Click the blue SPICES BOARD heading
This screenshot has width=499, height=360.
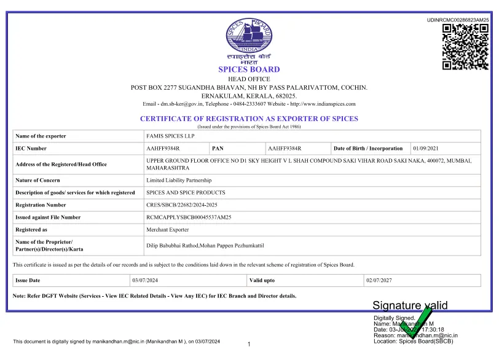click(249, 69)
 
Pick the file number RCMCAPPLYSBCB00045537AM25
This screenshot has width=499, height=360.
click(189, 217)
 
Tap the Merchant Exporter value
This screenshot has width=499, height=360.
click(168, 230)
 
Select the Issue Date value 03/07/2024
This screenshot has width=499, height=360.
click(146, 280)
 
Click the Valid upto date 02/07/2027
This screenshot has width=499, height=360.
click(379, 280)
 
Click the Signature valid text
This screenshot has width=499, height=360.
click(410, 305)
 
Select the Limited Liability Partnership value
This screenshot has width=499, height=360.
click(179, 181)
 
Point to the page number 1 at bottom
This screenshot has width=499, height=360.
click(249, 344)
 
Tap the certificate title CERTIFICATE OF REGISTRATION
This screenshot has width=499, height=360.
click(249, 119)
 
